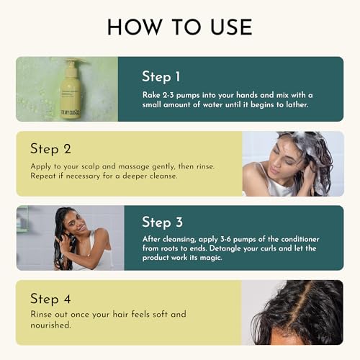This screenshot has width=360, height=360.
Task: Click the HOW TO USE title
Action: [x=179, y=27]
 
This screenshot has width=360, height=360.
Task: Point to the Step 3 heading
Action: [x=166, y=222]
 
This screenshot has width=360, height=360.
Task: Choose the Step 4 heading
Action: [x=54, y=297]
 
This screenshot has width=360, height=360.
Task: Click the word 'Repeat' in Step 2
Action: [x=45, y=176]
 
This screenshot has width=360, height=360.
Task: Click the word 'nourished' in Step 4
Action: [x=52, y=325]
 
